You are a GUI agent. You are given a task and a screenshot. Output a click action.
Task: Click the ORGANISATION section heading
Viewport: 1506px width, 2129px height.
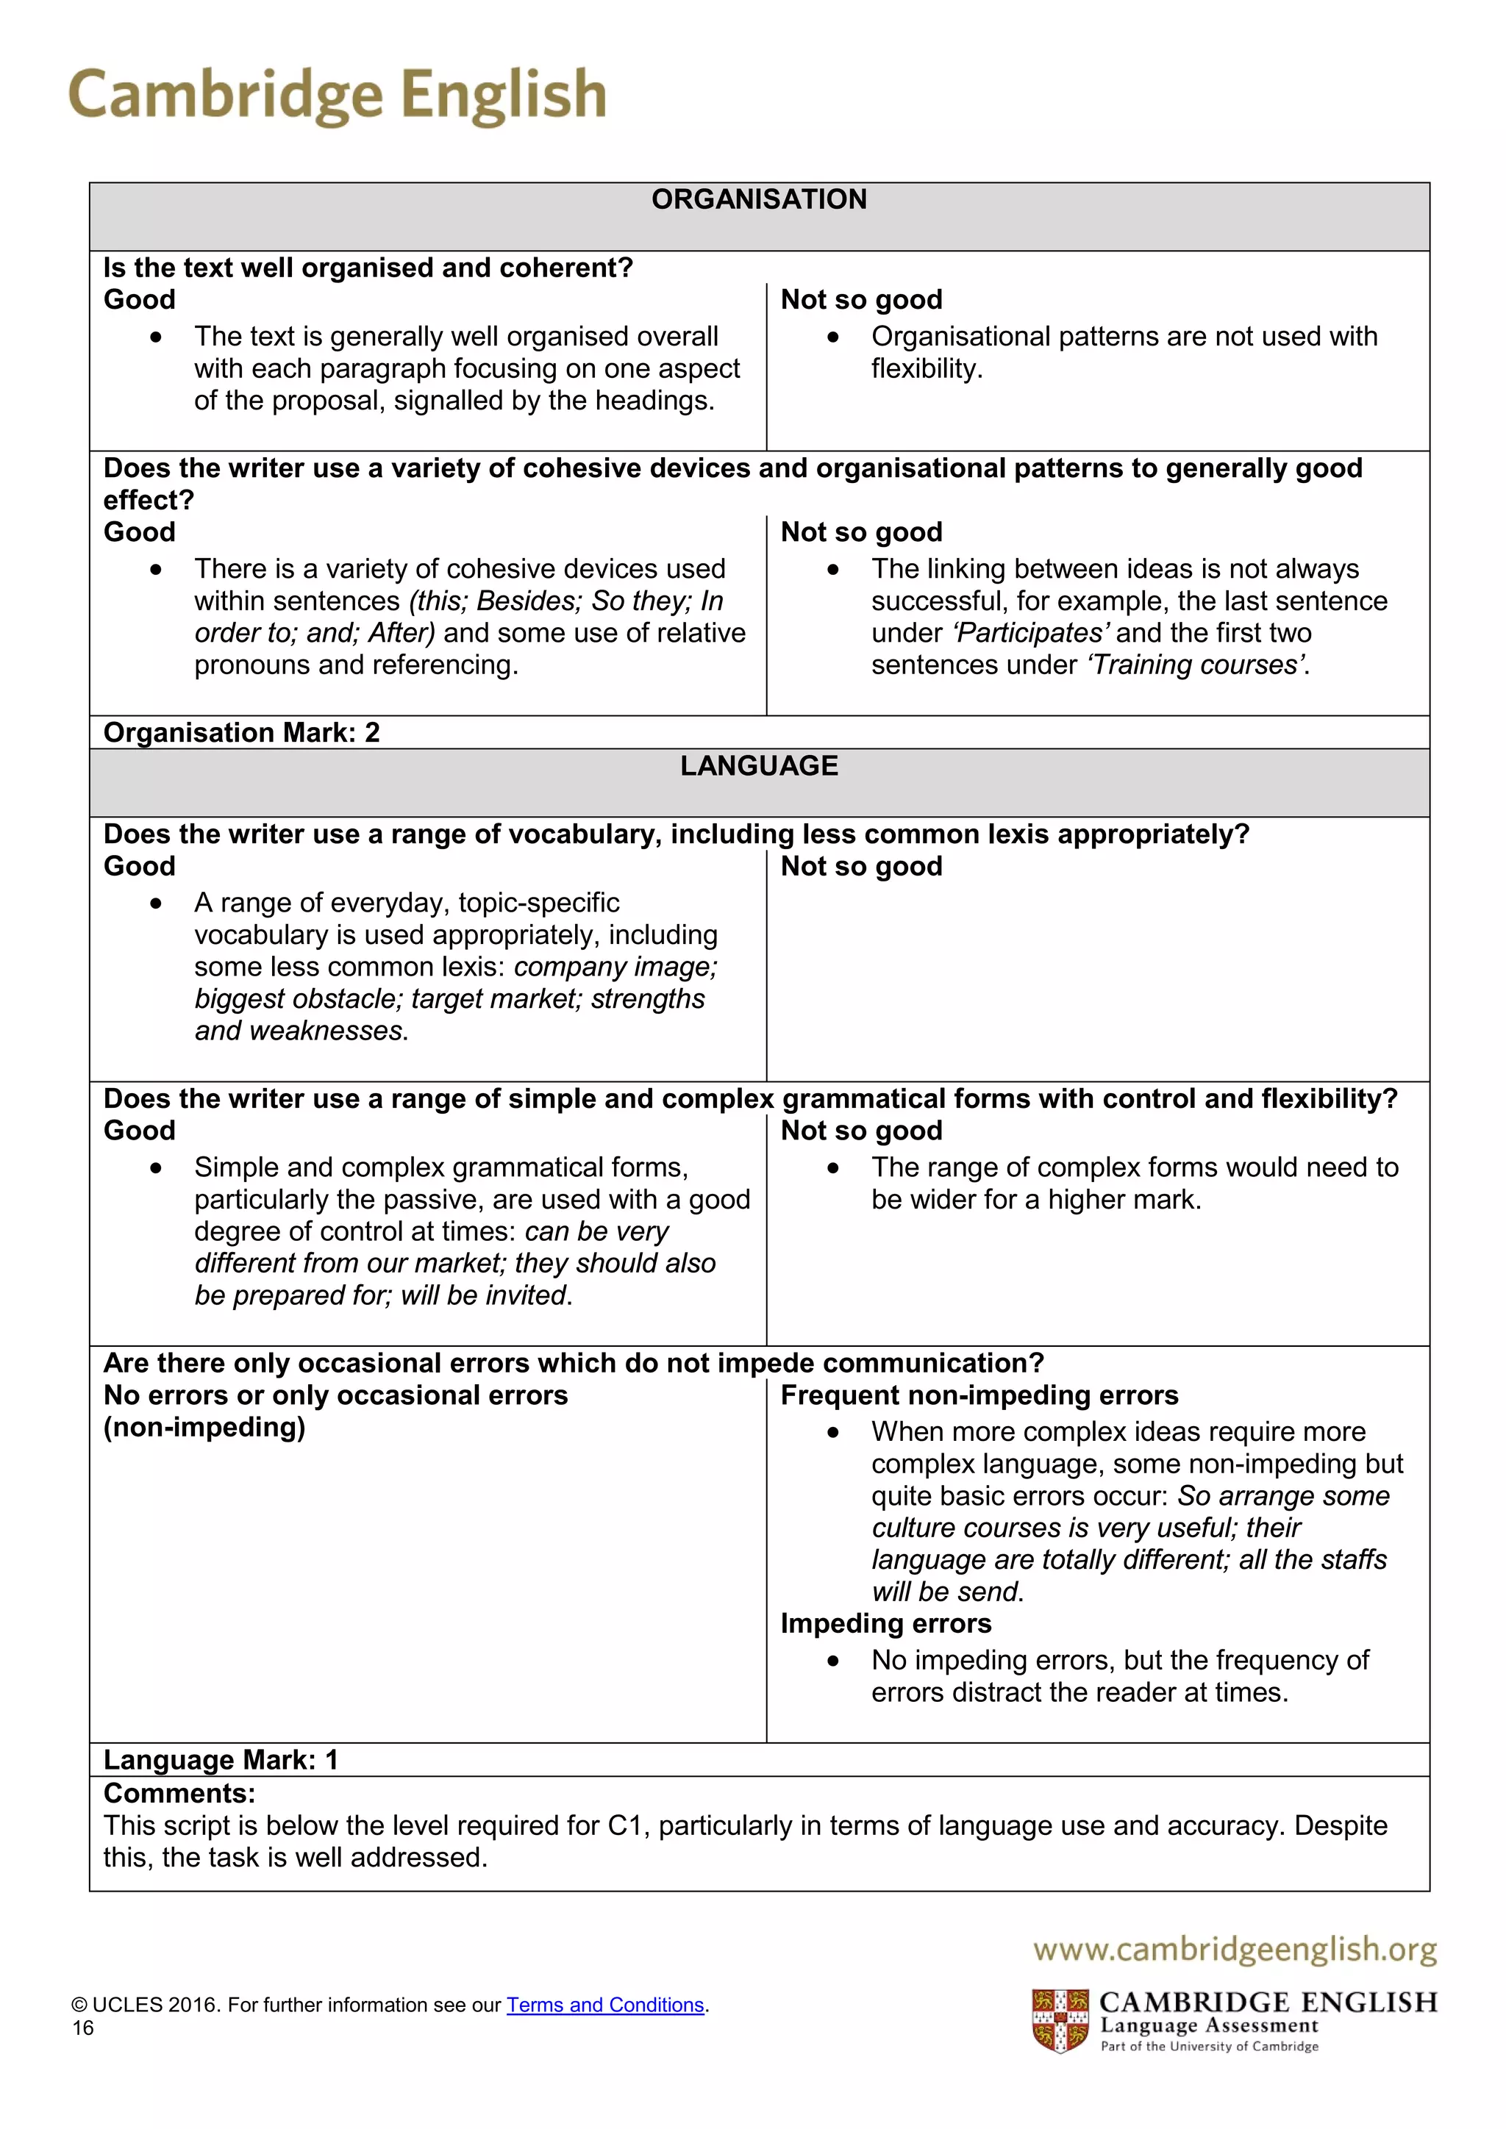759,199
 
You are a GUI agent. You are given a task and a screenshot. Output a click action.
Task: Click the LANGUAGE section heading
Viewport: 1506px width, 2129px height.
759,766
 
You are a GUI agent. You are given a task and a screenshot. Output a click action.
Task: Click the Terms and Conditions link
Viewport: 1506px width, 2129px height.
605,2005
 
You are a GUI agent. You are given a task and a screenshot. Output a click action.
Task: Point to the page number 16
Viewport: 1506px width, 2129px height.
83,2028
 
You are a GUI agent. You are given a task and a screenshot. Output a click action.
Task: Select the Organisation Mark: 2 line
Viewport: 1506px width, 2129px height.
241,732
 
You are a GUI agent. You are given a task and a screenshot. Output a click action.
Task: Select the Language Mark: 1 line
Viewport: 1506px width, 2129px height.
221,1760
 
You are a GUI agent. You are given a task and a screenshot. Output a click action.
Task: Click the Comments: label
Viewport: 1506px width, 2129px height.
179,1793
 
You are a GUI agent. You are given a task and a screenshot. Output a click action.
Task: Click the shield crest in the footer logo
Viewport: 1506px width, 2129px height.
1060,2020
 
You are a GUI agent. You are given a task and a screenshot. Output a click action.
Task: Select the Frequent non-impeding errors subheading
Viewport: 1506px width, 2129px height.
979,1395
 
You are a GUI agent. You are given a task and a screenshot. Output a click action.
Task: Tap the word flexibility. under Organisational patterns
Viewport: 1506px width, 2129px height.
927,369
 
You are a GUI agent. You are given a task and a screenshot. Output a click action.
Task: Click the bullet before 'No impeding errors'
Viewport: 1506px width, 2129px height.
832,1661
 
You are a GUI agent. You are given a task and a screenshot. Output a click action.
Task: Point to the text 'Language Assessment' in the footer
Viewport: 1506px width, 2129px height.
1208,2025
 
